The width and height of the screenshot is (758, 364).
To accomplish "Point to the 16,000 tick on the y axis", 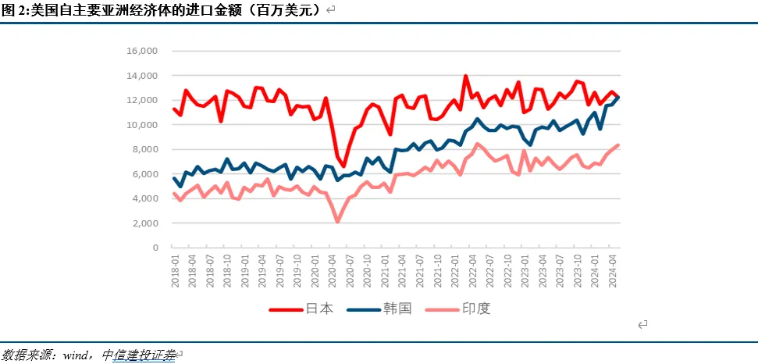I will point(142,51).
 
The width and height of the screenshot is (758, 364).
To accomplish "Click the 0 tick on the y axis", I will point(155,248).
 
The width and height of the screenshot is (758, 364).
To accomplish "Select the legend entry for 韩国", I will point(383,309).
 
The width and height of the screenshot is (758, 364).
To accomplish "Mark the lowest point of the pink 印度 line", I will point(337,222).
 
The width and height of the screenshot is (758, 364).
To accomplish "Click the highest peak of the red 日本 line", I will point(466,77).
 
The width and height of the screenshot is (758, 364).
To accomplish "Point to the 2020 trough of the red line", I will point(343,166).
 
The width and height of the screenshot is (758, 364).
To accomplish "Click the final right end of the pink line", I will point(619,145).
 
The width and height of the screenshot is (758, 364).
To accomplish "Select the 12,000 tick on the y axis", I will point(142,100).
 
